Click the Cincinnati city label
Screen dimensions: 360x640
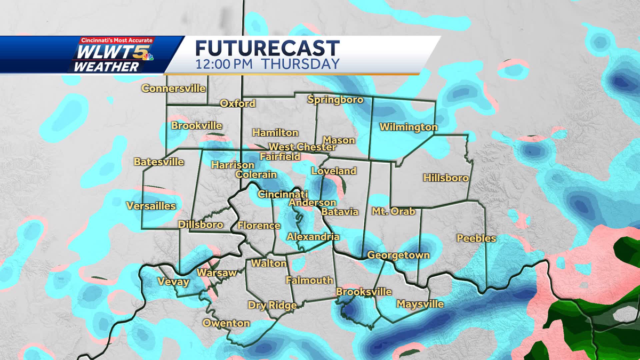pyautogui.click(x=283, y=194)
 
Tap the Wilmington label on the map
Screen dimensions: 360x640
pyautogui.click(x=408, y=127)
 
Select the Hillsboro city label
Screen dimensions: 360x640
pyautogui.click(x=446, y=178)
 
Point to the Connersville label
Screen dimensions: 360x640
pyautogui.click(x=174, y=89)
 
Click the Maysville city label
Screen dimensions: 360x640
pyautogui.click(x=420, y=304)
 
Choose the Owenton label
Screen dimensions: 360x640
pyautogui.click(x=226, y=323)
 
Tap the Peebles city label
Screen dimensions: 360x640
pyautogui.click(x=476, y=238)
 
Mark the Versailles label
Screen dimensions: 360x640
pyautogui.click(x=151, y=206)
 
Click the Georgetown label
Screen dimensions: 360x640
pyautogui.click(x=398, y=255)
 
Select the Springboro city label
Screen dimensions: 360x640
pyautogui.click(x=335, y=100)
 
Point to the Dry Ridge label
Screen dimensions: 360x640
pyautogui.click(x=272, y=305)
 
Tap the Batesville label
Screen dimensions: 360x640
pyautogui.click(x=159, y=162)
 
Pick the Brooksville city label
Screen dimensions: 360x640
pyautogui.click(x=364, y=292)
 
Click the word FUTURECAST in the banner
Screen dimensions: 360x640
pyautogui.click(x=267, y=48)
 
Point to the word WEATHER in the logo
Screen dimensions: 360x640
pyautogui.click(x=106, y=67)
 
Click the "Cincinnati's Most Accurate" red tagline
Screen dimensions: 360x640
pyautogui.click(x=116, y=40)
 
